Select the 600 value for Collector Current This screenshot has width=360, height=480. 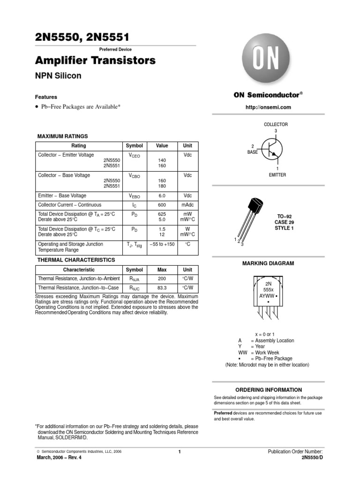(x=162, y=205)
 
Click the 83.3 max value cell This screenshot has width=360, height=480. (x=162, y=288)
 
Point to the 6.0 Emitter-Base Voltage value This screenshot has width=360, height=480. (x=162, y=195)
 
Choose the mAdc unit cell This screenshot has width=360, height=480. (x=187, y=205)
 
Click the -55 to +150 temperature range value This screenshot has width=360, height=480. (x=162, y=244)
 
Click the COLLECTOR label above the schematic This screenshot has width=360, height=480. (x=276, y=124)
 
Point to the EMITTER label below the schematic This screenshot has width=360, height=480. (x=277, y=175)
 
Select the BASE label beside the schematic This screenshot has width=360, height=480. (x=253, y=152)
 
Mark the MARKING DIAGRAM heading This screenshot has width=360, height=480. (x=268, y=263)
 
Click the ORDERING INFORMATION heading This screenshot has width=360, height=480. (x=269, y=390)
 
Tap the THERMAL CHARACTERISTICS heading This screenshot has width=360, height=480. (x=76, y=259)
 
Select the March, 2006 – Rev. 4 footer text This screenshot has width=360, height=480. (x=59, y=458)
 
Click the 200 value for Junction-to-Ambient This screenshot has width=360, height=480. (x=162, y=278)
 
